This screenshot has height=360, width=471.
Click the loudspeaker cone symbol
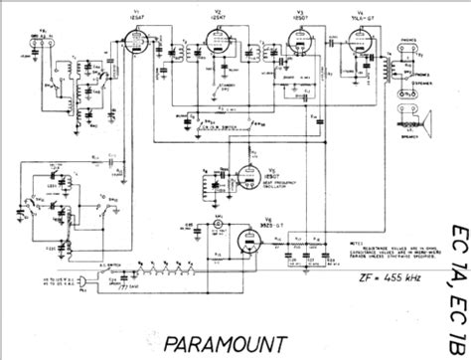437,125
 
